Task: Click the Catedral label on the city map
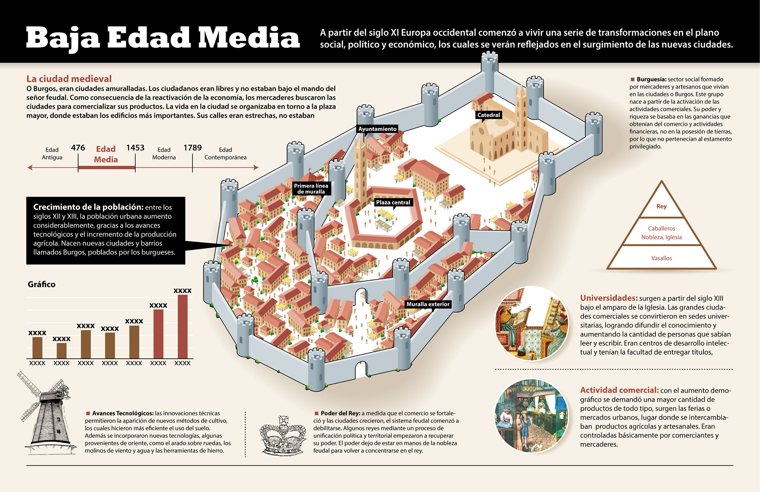tap(488, 115)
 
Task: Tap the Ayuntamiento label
tap(377, 129)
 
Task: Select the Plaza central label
tap(393, 203)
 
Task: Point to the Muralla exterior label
tap(428, 304)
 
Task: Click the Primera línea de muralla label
tap(311, 189)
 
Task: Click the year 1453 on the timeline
tap(135, 148)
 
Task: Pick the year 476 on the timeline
tap(78, 148)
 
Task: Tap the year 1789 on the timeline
tap(192, 148)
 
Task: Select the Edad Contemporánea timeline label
tap(225, 154)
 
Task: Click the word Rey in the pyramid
tap(661, 207)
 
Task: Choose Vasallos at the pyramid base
tap(661, 258)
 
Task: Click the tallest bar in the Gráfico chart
tap(182, 327)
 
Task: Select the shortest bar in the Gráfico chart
tap(61, 351)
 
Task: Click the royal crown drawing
tap(283, 435)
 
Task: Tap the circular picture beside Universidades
tap(532, 323)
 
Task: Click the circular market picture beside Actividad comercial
tap(532, 416)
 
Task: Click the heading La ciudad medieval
tap(69, 79)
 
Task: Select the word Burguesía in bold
tap(651, 80)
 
